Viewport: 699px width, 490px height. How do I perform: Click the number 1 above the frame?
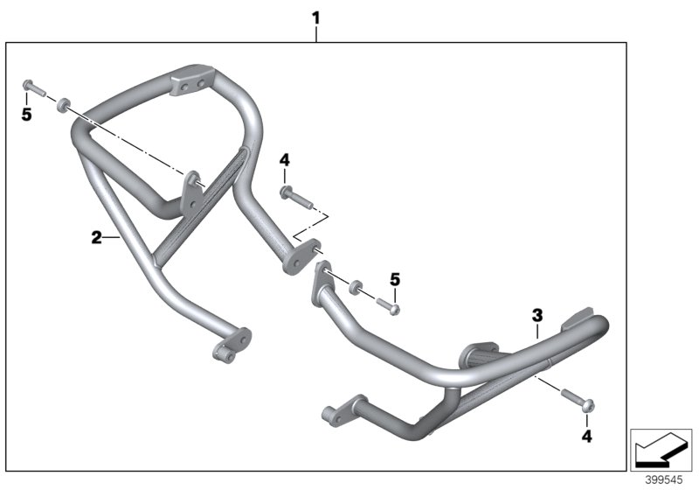[316, 17]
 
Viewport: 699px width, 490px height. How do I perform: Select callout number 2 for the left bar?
[97, 236]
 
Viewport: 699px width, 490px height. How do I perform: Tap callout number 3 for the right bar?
[537, 314]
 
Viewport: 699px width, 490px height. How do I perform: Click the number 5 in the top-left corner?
[26, 115]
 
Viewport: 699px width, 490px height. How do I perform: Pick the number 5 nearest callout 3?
[395, 279]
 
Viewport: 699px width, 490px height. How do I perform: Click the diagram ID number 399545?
[664, 480]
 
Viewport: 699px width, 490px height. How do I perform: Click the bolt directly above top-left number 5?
[31, 87]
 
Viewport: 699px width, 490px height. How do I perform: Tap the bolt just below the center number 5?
[388, 305]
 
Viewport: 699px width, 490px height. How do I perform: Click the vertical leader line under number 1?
[316, 33]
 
